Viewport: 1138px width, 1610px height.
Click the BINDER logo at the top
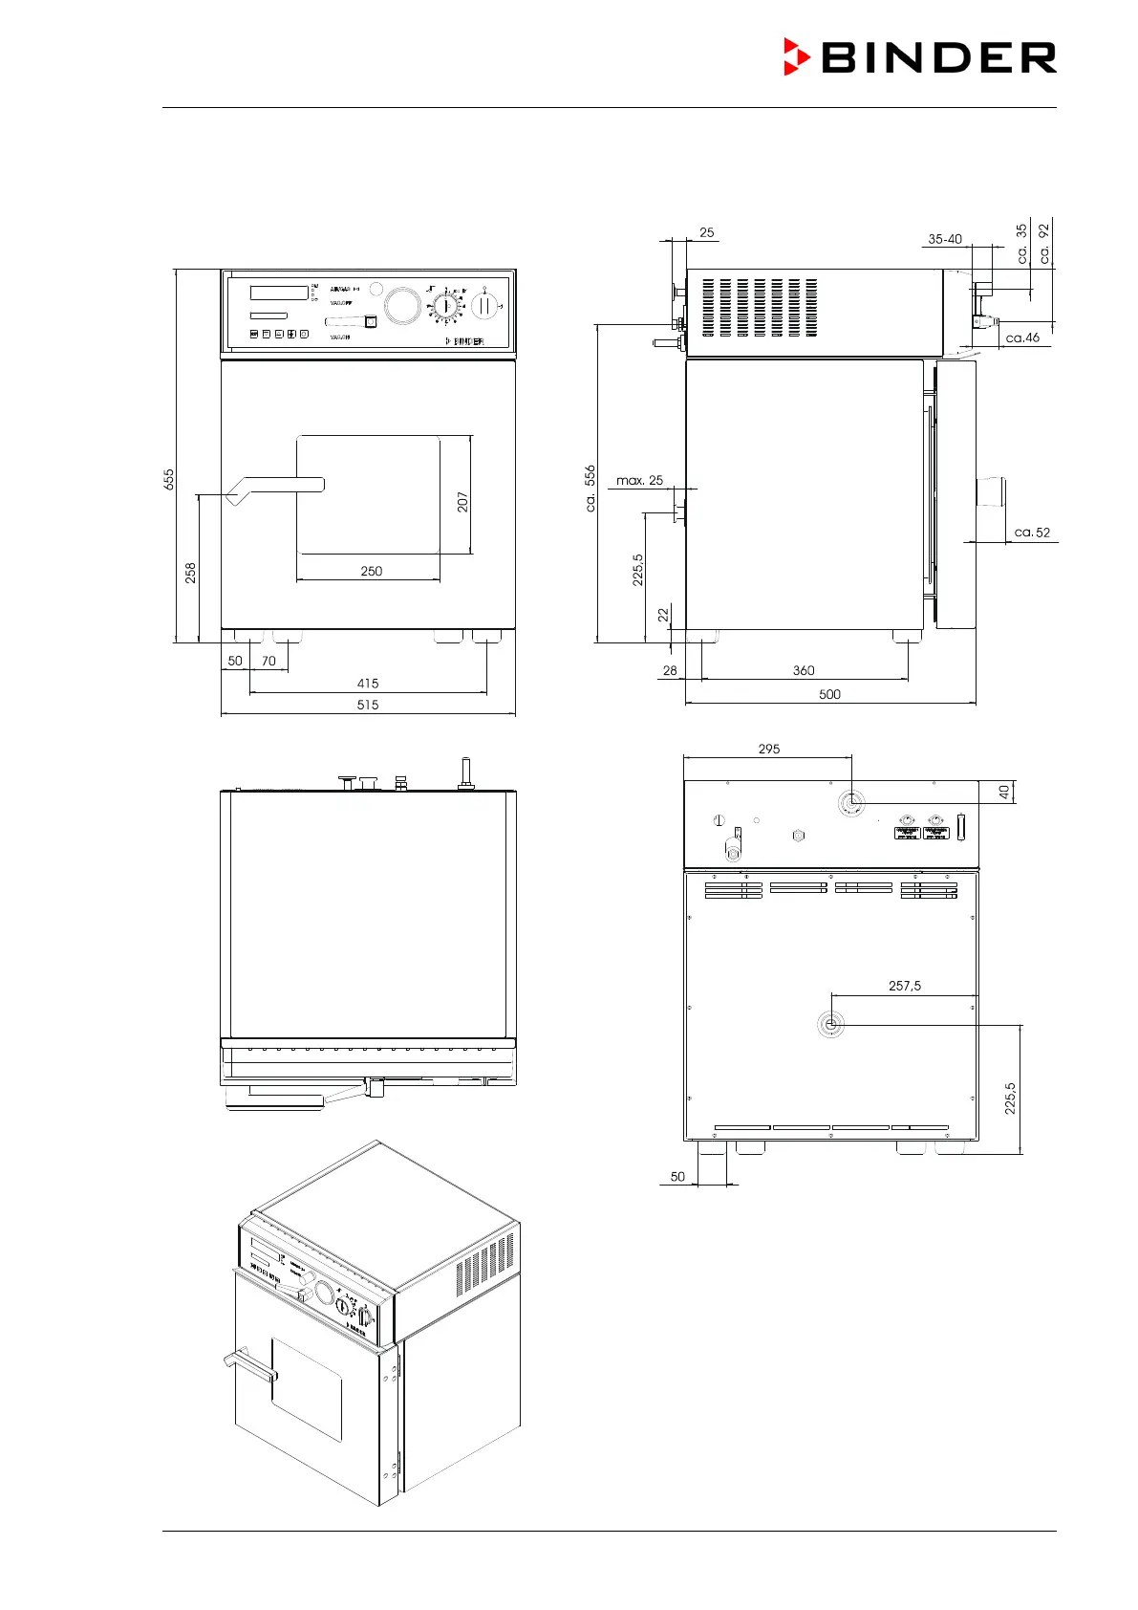pos(920,57)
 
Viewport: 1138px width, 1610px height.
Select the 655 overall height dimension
pos(169,479)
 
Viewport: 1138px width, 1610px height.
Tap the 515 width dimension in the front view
pos(368,705)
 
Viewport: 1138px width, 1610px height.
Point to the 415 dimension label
pos(368,683)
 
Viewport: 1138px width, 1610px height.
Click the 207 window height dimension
pos(462,501)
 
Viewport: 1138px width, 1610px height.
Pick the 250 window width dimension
pos(371,571)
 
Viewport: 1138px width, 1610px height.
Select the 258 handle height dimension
pos(191,572)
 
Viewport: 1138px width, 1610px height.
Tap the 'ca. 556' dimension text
pos(590,489)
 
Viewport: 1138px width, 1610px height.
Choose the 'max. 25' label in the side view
pos(639,480)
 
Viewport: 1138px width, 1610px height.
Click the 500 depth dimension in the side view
pos(829,694)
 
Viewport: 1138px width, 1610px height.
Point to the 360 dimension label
pos(804,670)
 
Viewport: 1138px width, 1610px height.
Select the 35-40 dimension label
pos(944,239)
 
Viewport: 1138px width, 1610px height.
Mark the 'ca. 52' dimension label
pos(1032,533)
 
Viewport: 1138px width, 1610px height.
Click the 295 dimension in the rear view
pos(768,749)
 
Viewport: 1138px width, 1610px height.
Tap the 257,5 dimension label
pos(904,986)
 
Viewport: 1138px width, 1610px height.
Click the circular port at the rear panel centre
pos(831,1025)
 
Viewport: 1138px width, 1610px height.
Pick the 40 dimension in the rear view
pos(1003,792)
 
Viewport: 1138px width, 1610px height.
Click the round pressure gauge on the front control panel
pos(402,306)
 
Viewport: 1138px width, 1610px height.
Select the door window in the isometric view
pos(307,1387)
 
